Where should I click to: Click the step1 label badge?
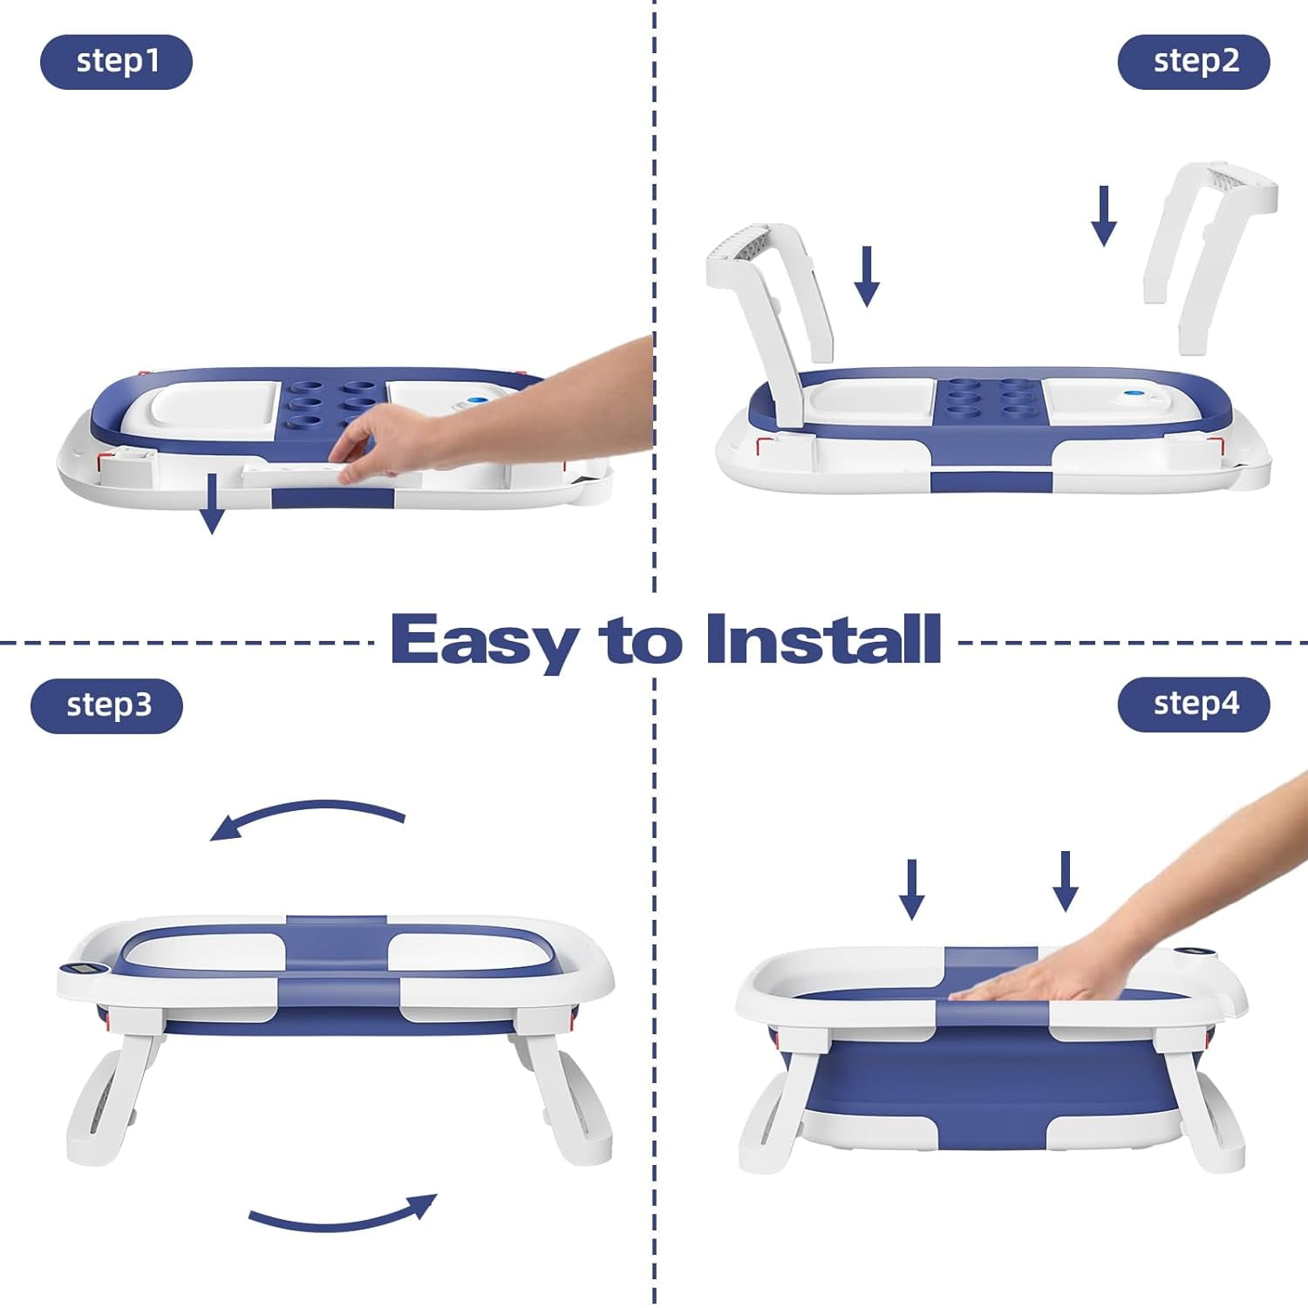(x=116, y=62)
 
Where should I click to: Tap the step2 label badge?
(x=1194, y=62)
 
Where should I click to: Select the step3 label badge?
(x=107, y=705)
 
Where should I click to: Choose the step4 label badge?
(x=1194, y=704)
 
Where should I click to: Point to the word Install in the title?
(x=823, y=639)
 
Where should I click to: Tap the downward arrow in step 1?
(x=211, y=504)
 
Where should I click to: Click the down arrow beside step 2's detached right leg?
(x=1104, y=215)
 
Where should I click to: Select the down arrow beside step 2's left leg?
(x=867, y=276)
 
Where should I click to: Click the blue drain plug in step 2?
(x=1134, y=394)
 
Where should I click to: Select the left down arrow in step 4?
(x=912, y=889)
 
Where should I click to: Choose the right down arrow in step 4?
(x=1065, y=881)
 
